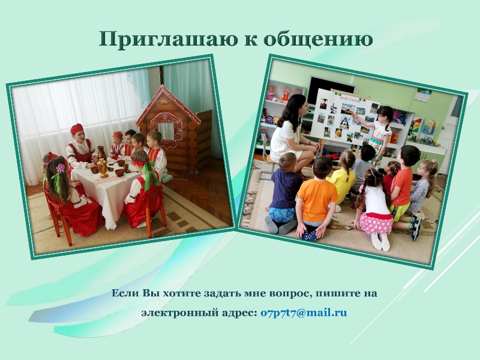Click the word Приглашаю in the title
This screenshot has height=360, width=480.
click(x=168, y=40)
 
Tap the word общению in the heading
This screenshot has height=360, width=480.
click(x=318, y=40)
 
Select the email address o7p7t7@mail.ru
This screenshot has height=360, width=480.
click(x=304, y=313)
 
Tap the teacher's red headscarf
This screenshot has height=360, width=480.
click(x=77, y=129)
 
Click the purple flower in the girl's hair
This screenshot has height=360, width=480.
click(x=61, y=168)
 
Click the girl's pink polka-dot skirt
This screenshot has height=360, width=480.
click(x=376, y=223)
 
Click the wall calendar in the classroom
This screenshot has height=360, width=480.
click(x=424, y=95)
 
